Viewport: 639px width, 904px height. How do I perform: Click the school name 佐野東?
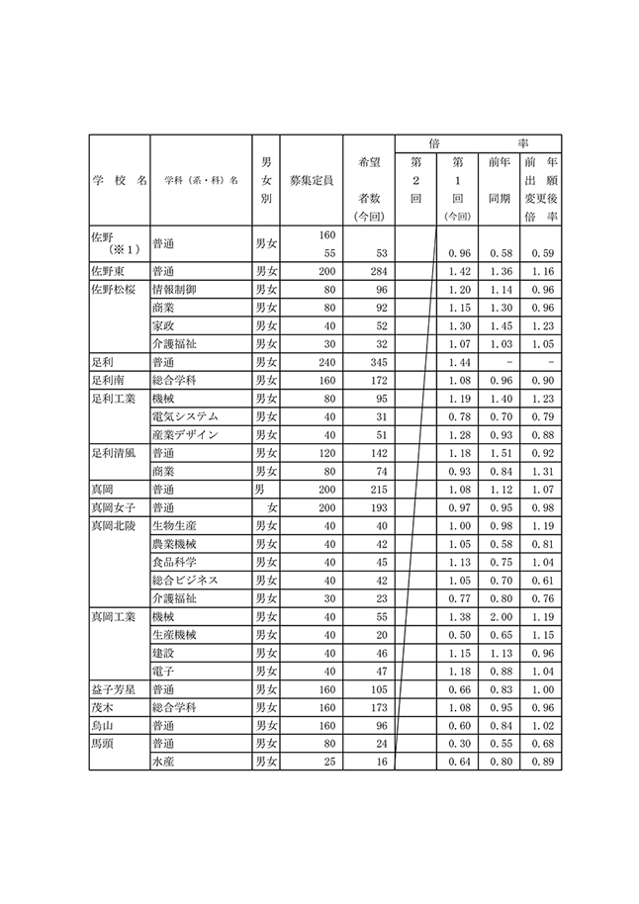click(108, 271)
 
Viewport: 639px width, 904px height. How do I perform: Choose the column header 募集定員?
click(311, 181)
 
